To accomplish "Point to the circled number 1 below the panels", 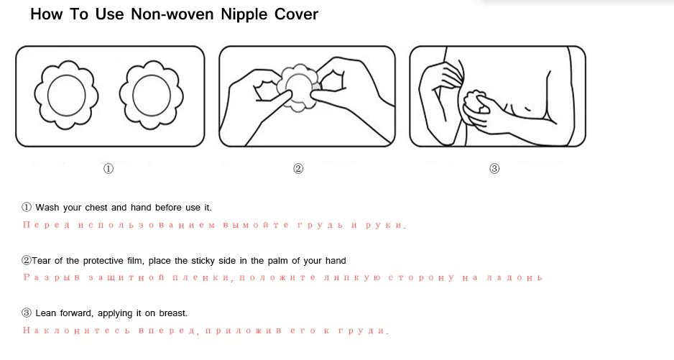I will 108,169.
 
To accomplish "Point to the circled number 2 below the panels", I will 298,169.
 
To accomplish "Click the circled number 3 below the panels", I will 494,169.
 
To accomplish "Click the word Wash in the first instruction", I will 47,208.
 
